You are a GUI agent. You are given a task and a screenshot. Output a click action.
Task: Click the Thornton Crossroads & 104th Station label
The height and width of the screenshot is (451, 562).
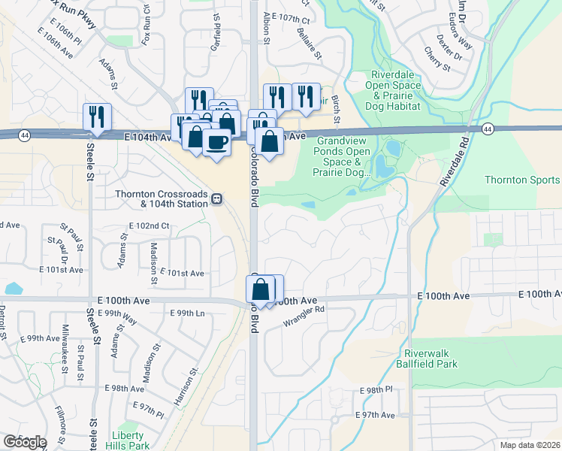pyautogui.click(x=161, y=198)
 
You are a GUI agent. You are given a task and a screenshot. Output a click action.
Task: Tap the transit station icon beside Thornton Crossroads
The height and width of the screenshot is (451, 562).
pyautogui.click(x=216, y=198)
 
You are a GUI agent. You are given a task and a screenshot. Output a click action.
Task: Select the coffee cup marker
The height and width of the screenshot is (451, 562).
pyautogui.click(x=216, y=141)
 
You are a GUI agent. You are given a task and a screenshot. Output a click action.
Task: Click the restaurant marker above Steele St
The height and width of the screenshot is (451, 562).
pyautogui.click(x=97, y=116)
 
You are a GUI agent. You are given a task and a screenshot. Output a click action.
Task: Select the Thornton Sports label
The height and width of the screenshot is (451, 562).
pyautogui.click(x=522, y=180)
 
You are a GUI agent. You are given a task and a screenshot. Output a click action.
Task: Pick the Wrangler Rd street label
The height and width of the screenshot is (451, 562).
pyautogui.click(x=304, y=315)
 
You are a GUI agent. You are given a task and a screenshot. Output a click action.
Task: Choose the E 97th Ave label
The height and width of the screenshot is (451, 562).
pyautogui.click(x=375, y=415)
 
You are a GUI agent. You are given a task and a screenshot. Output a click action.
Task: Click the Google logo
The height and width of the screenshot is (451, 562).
pyautogui.click(x=24, y=442)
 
